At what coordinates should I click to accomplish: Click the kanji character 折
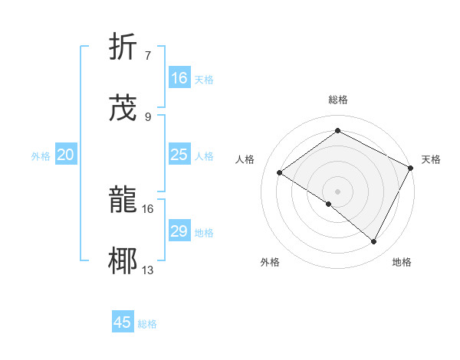coord(123,47)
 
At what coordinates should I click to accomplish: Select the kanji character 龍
coord(123,201)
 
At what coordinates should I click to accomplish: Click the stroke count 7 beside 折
coord(148,55)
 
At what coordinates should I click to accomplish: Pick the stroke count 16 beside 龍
coord(148,208)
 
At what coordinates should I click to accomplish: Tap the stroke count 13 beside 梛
coord(148,270)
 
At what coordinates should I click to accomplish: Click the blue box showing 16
coord(179,78)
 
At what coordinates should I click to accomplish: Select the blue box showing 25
coord(179,155)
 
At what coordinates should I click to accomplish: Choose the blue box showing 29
coord(179,231)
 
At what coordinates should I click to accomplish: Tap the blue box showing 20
coord(66,155)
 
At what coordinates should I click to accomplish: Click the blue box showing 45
coord(123,322)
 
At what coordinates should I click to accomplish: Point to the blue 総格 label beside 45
coord(147,324)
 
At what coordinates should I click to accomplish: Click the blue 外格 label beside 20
coord(41,156)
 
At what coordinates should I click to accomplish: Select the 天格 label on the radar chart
coord(431,159)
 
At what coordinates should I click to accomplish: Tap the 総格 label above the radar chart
coord(338,100)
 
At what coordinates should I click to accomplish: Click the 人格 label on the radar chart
coord(245,159)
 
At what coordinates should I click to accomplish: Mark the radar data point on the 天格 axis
coord(411,168)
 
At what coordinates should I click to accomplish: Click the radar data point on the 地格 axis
coord(374,242)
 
